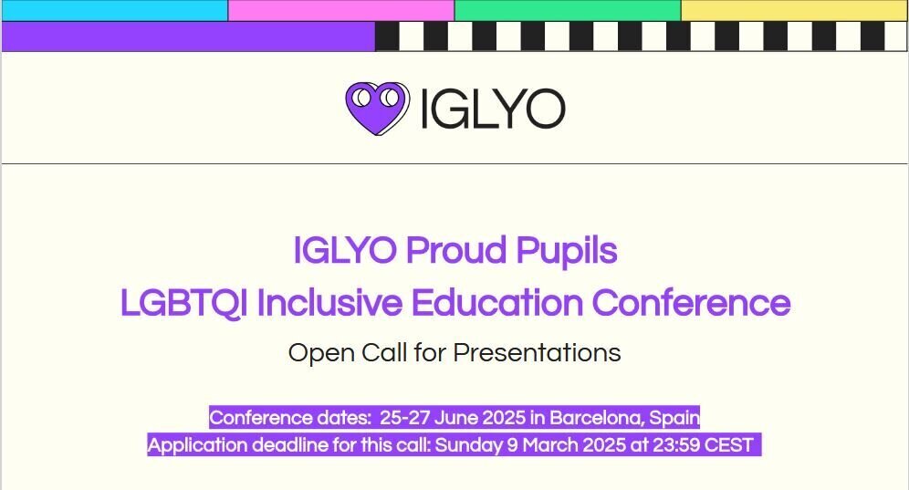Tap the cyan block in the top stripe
point(114,10)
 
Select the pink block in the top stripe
point(341,10)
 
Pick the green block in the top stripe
point(567,10)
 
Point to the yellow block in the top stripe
point(794,10)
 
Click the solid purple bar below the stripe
point(188,36)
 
